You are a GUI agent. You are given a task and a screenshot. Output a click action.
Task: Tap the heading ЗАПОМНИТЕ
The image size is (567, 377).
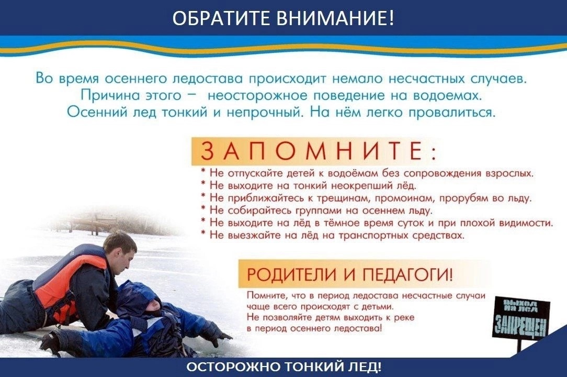(x=314, y=151)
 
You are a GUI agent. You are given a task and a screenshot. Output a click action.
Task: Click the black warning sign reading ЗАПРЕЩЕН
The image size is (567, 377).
(x=521, y=317)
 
